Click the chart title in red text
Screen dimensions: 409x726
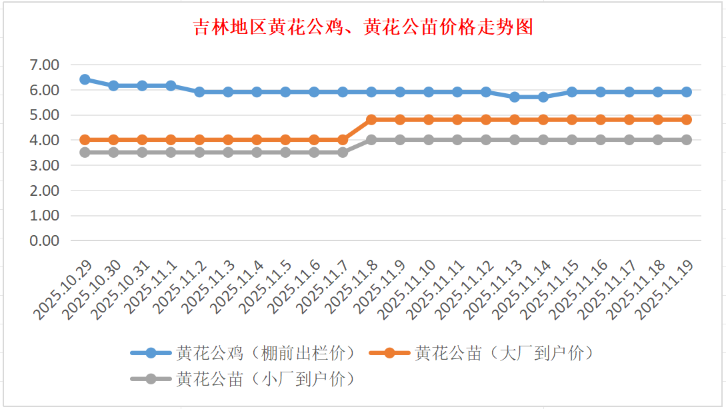point(363,27)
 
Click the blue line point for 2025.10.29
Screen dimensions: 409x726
point(85,79)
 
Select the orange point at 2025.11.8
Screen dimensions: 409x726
point(371,120)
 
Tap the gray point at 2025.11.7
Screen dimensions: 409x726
point(343,153)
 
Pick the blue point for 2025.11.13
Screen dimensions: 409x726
point(515,97)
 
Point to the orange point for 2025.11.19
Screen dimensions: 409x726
point(687,120)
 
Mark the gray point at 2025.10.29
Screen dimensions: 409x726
point(85,153)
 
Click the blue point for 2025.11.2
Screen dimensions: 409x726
point(199,92)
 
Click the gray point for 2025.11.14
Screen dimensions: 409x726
point(543,140)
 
